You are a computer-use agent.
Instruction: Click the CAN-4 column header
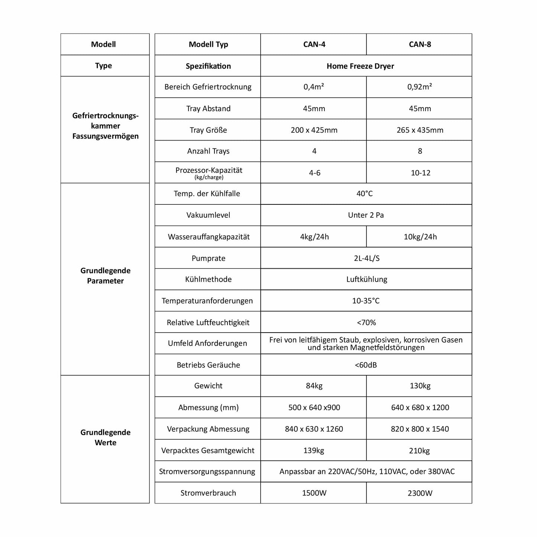(314, 45)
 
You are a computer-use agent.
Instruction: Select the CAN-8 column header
(420, 45)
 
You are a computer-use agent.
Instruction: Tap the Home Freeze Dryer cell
(360, 66)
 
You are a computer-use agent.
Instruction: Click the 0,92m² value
(420, 87)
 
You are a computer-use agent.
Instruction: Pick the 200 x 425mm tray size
(314, 130)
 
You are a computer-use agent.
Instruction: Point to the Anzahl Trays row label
(208, 151)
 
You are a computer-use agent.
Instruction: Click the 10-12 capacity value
(420, 173)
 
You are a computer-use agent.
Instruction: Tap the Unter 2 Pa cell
(366, 215)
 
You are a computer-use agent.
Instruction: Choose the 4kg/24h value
(314, 237)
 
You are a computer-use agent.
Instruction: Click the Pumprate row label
(208, 258)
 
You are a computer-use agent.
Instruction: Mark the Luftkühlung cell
(366, 279)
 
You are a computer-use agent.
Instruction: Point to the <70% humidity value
(366, 323)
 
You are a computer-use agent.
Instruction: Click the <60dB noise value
(366, 365)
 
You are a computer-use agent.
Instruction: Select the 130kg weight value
(420, 386)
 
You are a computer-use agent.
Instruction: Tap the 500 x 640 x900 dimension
(314, 407)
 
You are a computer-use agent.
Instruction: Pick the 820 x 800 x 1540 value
(420, 429)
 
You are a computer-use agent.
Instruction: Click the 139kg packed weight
(314, 450)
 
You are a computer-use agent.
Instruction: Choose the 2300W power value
(420, 493)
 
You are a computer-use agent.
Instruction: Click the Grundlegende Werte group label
(105, 437)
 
